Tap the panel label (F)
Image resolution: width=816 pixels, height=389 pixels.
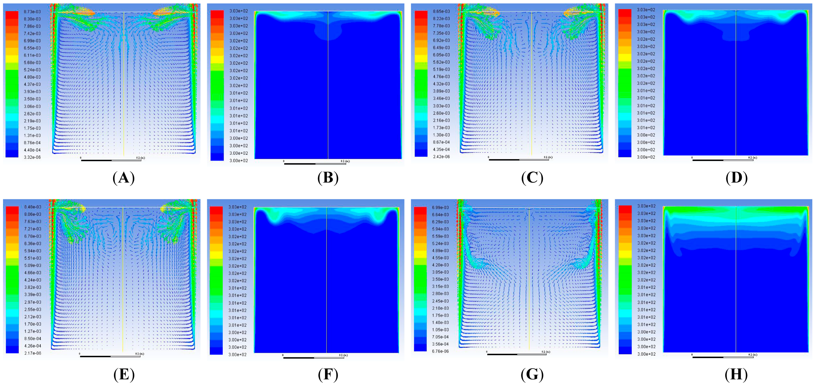click(x=328, y=375)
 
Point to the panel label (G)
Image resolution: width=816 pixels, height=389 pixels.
click(x=532, y=375)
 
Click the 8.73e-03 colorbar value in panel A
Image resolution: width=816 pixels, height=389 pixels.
click(x=32, y=12)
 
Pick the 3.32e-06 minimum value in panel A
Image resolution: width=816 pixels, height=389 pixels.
click(x=32, y=157)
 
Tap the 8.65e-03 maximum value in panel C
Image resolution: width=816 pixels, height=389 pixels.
click(x=441, y=11)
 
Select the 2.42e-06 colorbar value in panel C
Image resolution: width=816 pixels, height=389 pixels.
click(x=441, y=156)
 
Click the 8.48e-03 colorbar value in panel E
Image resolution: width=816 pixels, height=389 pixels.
click(x=33, y=207)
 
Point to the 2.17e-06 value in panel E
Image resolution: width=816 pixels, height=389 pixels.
click(x=33, y=353)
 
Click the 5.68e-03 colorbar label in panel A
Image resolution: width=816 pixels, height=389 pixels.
click(x=32, y=62)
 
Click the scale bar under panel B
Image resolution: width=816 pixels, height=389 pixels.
click(x=315, y=163)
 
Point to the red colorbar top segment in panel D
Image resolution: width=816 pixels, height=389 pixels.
click(x=625, y=13)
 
